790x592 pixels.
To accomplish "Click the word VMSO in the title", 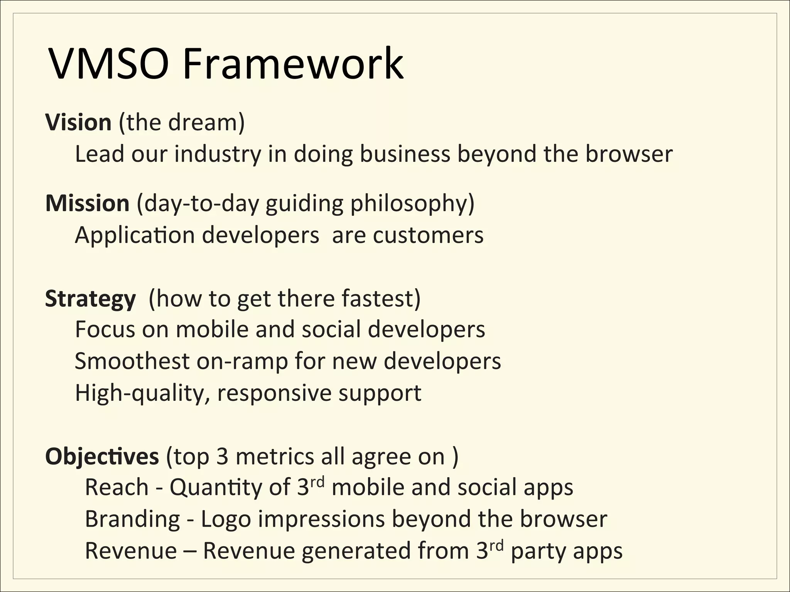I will pos(108,64).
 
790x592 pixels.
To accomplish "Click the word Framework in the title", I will pos(293,64).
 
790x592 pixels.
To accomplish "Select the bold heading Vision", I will pos(78,123).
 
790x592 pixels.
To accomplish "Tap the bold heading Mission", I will pos(87,203).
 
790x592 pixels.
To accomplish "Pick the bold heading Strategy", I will pos(90,299).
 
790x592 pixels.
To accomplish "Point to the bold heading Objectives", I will pos(102,456).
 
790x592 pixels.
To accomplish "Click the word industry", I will pos(218,154).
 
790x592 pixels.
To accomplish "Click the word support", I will pos(380,394).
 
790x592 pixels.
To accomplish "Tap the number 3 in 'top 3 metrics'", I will pos(223,456).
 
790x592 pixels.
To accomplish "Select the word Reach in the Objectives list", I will pos(116,487).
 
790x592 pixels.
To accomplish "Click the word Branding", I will pos(132,519).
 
